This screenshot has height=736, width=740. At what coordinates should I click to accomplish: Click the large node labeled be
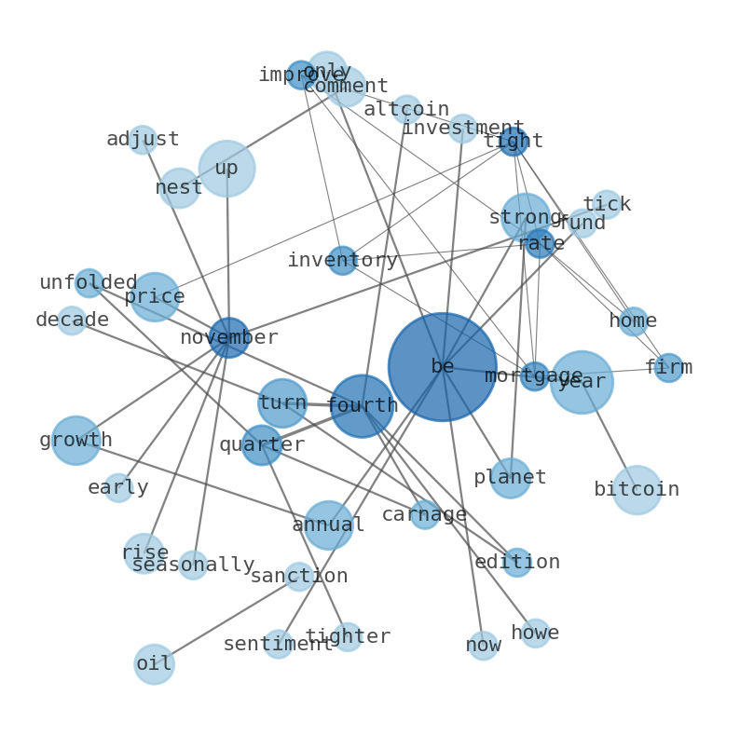(x=442, y=367)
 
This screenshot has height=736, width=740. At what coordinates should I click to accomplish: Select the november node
(x=228, y=337)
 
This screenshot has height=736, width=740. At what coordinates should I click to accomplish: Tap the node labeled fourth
(x=362, y=406)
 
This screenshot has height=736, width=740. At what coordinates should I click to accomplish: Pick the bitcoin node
(x=637, y=490)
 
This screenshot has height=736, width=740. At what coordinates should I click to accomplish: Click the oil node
(x=154, y=664)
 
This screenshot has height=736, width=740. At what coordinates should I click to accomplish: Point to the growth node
(x=75, y=441)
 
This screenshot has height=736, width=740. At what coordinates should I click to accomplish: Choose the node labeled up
(x=226, y=169)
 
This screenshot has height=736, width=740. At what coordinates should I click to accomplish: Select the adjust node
(x=143, y=140)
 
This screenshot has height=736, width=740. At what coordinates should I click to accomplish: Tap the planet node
(x=511, y=478)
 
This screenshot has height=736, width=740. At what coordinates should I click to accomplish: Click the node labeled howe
(x=535, y=634)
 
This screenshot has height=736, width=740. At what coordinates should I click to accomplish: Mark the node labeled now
(x=483, y=646)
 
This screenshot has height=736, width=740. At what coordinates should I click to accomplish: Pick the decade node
(x=72, y=320)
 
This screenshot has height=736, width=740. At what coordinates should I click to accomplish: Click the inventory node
(x=342, y=261)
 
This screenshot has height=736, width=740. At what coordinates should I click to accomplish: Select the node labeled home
(x=634, y=321)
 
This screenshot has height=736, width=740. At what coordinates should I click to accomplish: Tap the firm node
(x=668, y=368)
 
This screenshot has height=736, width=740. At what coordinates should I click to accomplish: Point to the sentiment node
(x=278, y=644)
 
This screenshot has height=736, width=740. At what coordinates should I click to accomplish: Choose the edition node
(x=517, y=563)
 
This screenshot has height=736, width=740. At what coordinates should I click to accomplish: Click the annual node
(x=328, y=525)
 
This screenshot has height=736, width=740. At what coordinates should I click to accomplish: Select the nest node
(x=179, y=188)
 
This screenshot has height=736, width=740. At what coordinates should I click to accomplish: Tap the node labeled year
(x=582, y=382)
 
